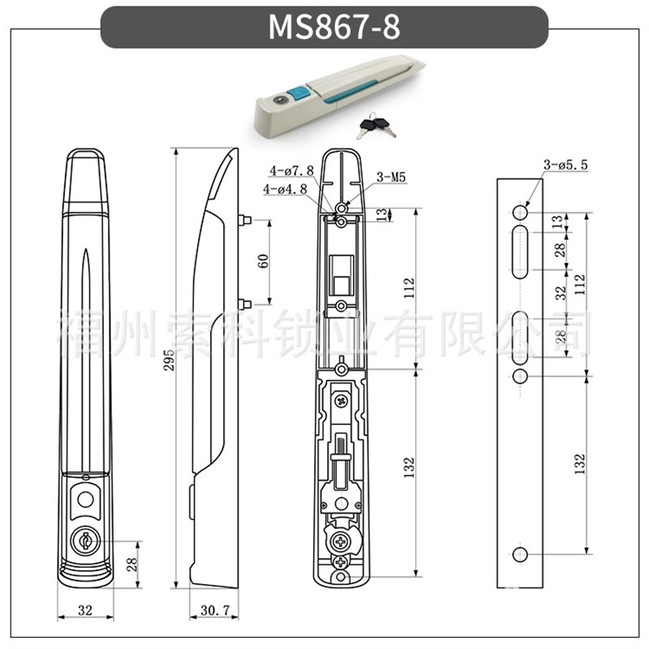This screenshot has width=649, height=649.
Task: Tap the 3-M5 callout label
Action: pos(390,178)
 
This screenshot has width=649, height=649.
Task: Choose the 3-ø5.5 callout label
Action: pos(565,166)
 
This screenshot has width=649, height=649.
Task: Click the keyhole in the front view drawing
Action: pos(84,539)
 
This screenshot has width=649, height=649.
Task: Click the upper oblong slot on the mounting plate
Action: pos(520,251)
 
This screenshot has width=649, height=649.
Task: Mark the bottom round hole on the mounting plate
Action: pos(520,553)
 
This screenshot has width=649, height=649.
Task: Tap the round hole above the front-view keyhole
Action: pos(84,498)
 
